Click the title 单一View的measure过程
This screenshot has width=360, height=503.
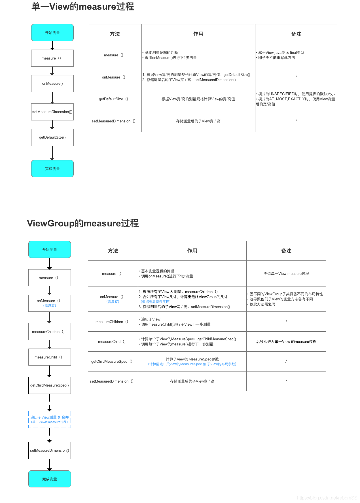pos(82,7)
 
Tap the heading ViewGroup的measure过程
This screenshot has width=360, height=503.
pos(83,223)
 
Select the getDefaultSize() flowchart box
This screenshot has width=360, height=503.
pos(52,137)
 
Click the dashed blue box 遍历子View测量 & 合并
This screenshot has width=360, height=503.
pos(50,419)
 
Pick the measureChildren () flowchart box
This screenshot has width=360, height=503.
pos(50,332)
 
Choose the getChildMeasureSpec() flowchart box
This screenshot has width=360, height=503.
pos(50,385)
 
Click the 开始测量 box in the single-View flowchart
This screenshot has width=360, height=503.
pos(52,33)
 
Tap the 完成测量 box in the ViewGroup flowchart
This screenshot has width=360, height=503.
pos(50,479)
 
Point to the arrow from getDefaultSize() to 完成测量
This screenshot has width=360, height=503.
pos(52,153)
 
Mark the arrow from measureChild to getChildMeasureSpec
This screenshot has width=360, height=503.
pos(50,371)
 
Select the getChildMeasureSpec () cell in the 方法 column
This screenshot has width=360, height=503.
pos(113,361)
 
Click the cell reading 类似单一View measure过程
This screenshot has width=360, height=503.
pos(286,273)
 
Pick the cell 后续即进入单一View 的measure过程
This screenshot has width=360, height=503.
pos(286,341)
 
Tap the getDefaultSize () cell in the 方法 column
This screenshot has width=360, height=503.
pos(115,99)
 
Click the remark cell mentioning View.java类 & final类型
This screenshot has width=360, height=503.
pos(296,55)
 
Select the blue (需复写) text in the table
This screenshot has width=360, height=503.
pos(113,302)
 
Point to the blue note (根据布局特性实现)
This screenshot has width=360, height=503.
pos(156,302)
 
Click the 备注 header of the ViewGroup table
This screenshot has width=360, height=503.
pos(286,251)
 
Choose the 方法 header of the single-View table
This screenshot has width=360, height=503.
pos(115,34)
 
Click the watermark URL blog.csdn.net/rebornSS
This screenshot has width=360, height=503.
pos(327,498)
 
